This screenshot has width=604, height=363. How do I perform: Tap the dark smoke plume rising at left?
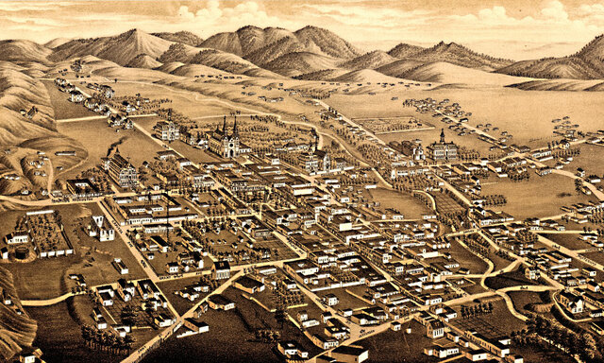(113, 147)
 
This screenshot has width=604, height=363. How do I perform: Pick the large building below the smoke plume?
(122, 171)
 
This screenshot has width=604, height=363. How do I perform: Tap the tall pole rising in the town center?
(168, 213)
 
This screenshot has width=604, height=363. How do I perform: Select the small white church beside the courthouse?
(412, 149)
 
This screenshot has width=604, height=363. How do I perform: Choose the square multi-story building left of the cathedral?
(167, 130)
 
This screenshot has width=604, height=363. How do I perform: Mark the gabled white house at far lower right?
(570, 302)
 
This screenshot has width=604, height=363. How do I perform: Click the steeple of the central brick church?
(314, 142)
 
